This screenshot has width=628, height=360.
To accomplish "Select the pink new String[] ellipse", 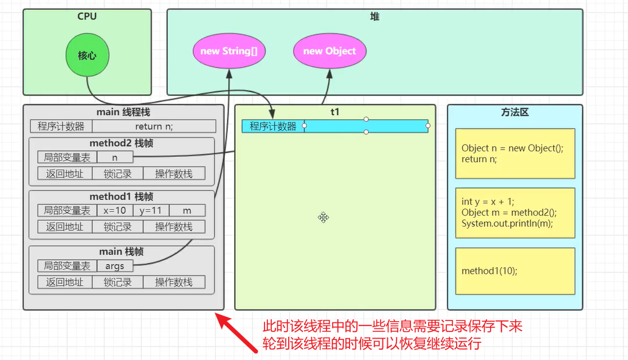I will coord(229,51).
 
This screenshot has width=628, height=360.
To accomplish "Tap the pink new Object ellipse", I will coord(329,51).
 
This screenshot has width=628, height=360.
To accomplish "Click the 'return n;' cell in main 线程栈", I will coord(154,126).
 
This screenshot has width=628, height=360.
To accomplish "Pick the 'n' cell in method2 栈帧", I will coord(115,157).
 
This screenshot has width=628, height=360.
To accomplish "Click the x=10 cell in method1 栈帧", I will coord(114,210).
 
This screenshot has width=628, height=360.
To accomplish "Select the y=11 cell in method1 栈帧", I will coord(151,210).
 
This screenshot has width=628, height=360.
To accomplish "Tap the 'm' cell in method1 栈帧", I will coord(187,210).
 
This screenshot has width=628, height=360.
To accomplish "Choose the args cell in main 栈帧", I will coord(115,266).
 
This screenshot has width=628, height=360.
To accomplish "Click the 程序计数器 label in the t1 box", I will coord(273,126).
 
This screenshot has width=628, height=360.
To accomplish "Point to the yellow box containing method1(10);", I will coord(515,271).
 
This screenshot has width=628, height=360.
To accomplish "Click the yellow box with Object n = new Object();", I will coord(515,153).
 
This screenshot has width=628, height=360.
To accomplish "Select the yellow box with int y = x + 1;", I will coord(515,212).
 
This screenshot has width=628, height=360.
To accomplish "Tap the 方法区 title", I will coord(515,112).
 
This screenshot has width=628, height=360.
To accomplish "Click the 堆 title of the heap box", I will coord(374,17).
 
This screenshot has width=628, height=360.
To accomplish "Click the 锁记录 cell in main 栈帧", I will coord(117,282).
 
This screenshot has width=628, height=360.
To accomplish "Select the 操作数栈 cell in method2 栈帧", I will coord(174,174).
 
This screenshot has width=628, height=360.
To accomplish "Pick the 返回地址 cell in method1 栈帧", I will coord(64,227).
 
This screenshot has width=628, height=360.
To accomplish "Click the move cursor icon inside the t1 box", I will coord(323,217).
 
